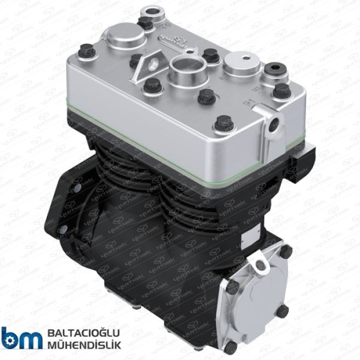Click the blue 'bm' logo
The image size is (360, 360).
pos(22,338)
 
